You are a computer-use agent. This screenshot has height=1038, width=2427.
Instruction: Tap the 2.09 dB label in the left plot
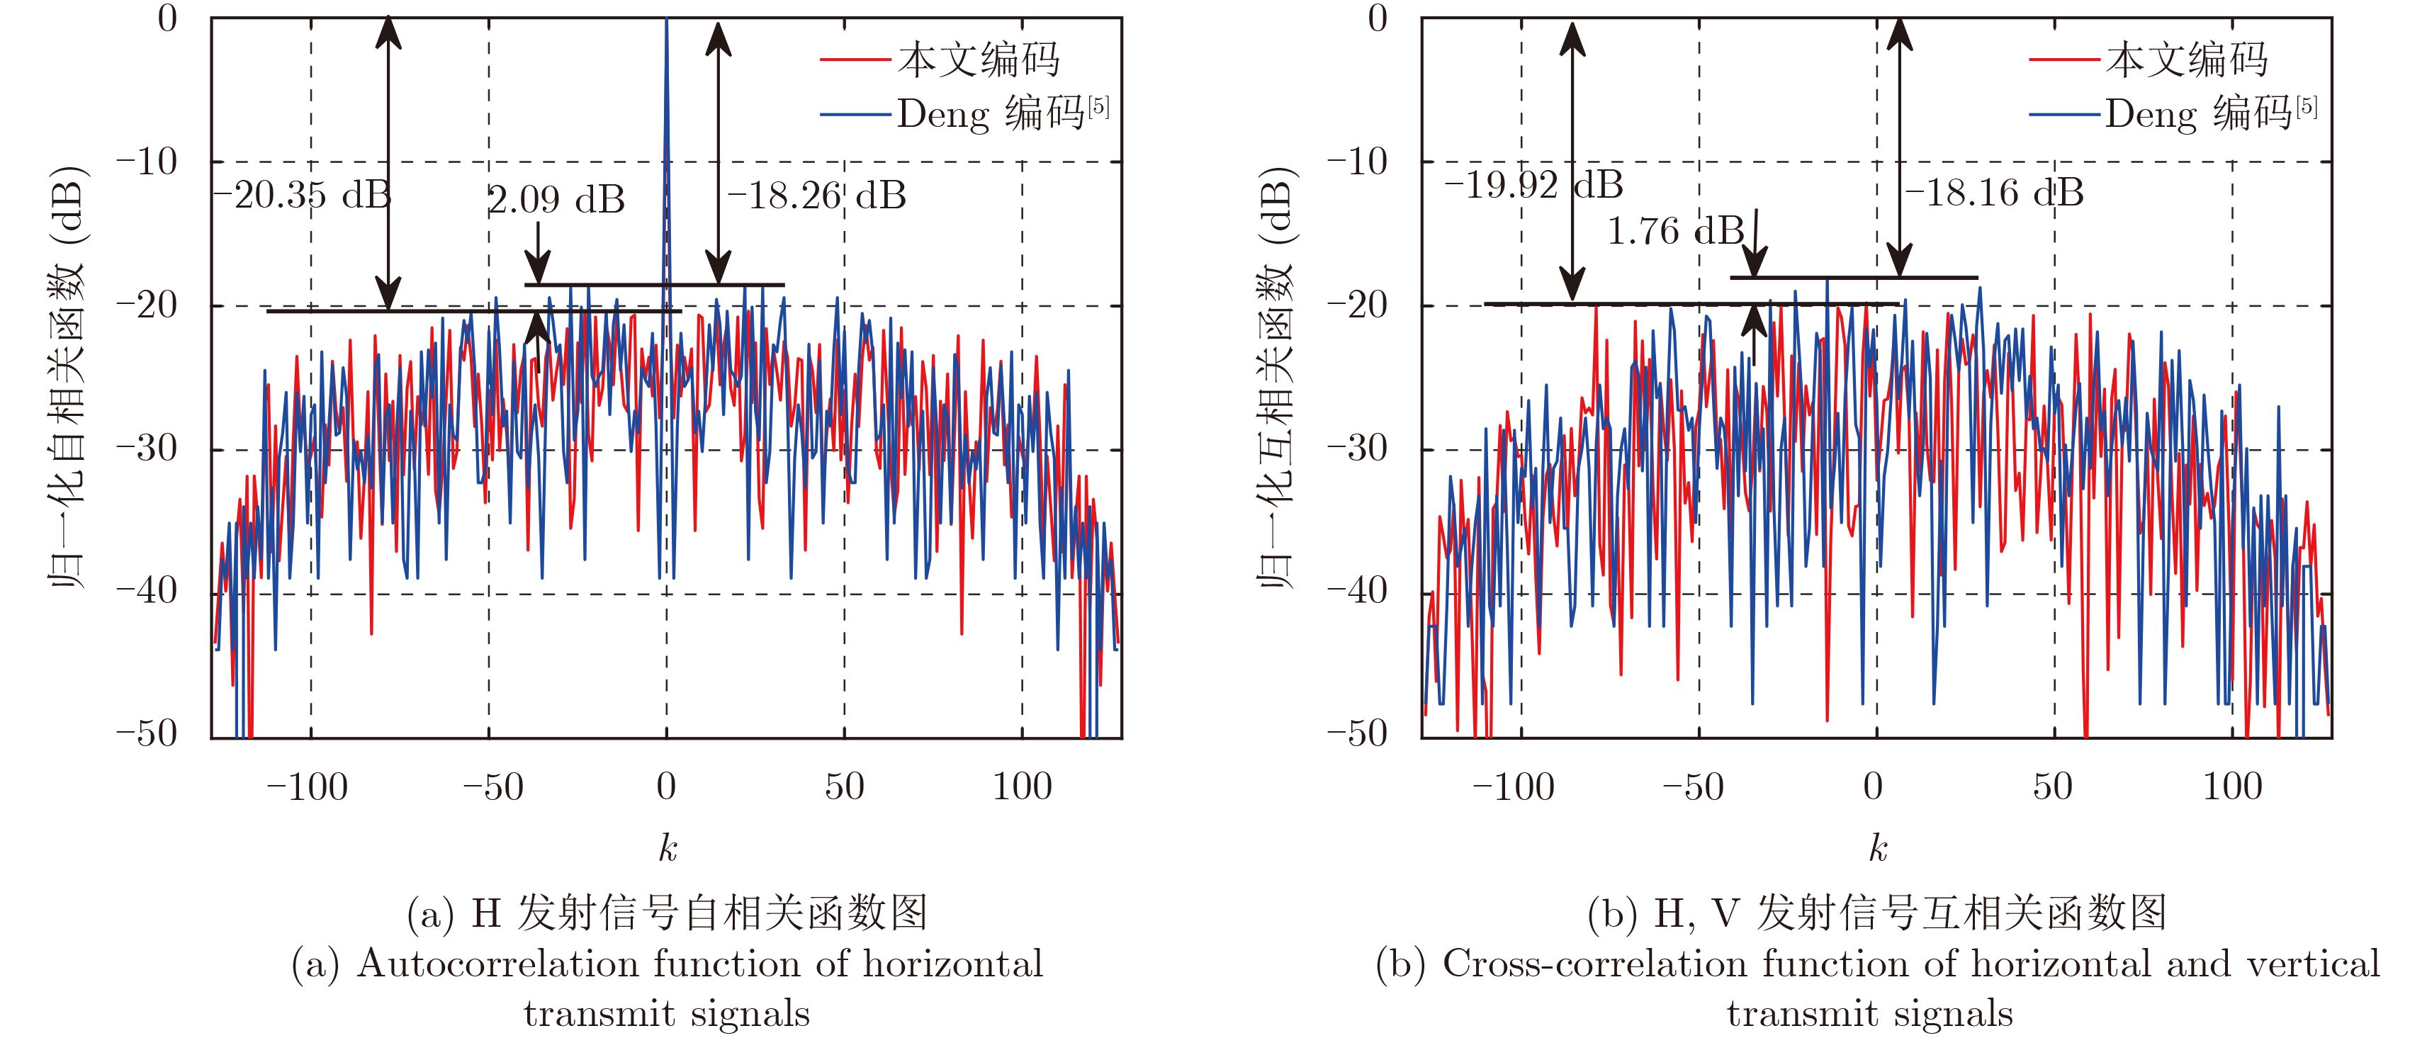(556, 200)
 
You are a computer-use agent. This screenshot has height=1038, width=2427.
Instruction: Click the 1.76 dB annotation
(1675, 232)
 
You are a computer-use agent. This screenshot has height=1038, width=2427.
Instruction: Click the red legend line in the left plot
(855, 60)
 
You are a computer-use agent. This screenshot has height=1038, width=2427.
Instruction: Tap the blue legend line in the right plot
(2064, 115)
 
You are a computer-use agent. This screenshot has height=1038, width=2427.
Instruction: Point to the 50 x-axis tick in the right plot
(2052, 786)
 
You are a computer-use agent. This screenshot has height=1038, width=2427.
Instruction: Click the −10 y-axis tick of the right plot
(1358, 162)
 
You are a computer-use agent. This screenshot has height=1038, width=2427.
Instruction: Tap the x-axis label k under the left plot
(667, 849)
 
